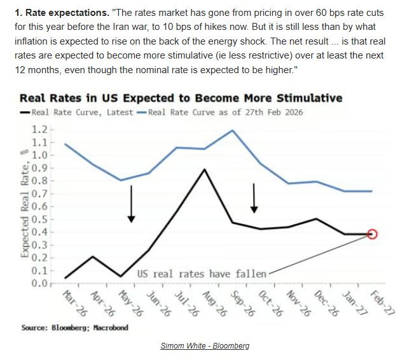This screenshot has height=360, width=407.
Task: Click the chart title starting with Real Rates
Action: pos(181,98)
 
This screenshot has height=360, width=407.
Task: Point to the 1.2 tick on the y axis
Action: pos(40,129)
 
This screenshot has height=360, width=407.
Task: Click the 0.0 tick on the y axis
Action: pos(40,283)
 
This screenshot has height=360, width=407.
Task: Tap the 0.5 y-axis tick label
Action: pos(40,219)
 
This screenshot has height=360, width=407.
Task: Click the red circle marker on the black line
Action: pos(372,234)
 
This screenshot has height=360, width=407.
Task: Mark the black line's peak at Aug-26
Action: pos(203,169)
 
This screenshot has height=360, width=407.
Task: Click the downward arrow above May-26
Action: pos(131,204)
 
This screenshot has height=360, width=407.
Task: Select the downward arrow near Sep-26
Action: pos(254,198)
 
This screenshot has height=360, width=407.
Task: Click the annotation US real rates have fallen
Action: pos(202,273)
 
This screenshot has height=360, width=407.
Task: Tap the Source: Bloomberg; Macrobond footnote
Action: pos(74,327)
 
